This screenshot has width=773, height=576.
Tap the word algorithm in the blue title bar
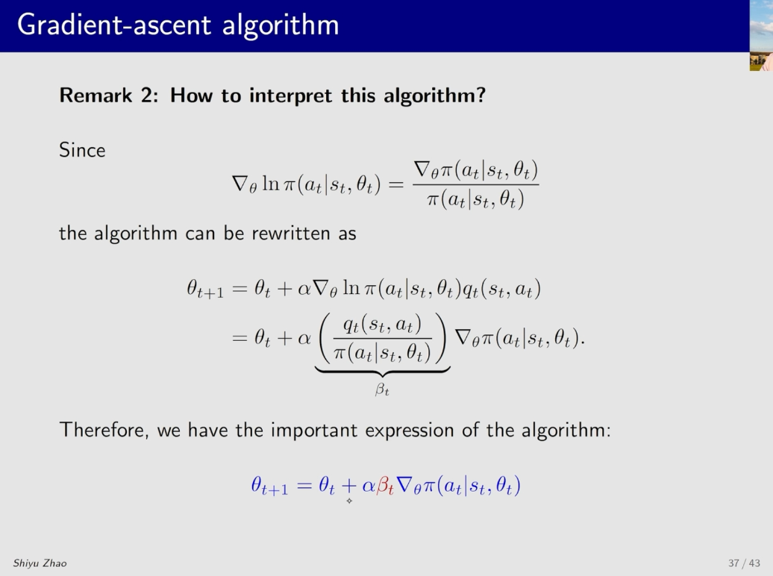(x=281, y=25)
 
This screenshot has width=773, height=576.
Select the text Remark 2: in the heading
(x=109, y=96)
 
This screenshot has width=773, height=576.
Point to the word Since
(x=82, y=150)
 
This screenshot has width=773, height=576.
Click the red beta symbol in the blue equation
(x=385, y=486)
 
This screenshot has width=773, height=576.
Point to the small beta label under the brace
(x=382, y=389)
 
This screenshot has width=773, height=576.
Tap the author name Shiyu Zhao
(x=40, y=563)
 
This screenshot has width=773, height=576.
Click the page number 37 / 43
(x=744, y=563)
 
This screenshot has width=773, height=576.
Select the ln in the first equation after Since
(x=271, y=183)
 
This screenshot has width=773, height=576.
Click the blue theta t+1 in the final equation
(x=269, y=486)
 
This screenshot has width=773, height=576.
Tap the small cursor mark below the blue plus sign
(x=349, y=501)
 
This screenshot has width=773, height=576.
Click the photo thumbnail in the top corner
(x=761, y=36)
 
